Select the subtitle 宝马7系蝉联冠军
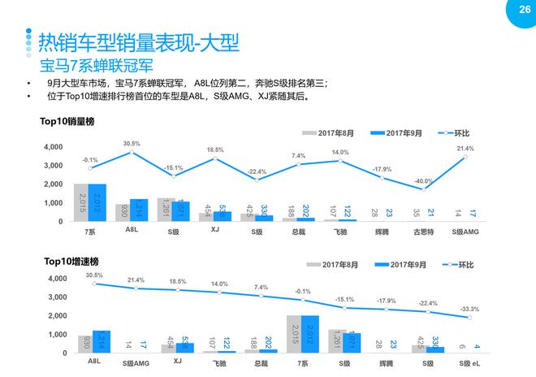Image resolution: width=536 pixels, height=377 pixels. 97,65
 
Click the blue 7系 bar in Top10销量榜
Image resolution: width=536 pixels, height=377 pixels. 97,202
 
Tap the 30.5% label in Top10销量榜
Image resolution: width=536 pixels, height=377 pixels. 132,144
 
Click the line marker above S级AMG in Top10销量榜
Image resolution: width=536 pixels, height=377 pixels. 465,157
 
